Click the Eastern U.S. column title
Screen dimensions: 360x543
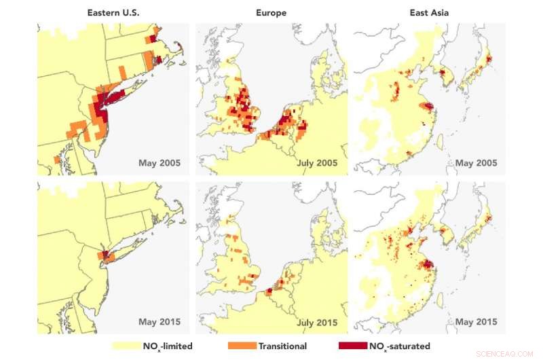coord(113,12)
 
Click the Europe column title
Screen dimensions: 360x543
coord(271,12)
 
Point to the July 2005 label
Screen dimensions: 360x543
coord(318,163)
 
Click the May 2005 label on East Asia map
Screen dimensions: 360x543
coord(475,163)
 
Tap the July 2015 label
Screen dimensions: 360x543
coord(318,321)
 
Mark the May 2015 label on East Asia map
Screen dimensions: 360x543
coord(475,321)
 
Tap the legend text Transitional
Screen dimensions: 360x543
coord(282,346)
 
